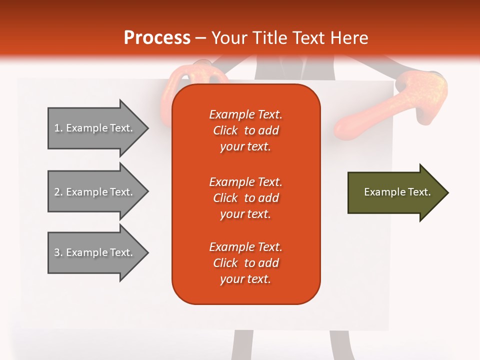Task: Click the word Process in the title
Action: pyautogui.click(x=157, y=38)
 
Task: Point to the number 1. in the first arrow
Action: pyautogui.click(x=58, y=128)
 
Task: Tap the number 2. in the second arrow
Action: pyautogui.click(x=58, y=192)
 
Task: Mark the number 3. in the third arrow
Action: pyautogui.click(x=58, y=252)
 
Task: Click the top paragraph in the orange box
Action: pyautogui.click(x=245, y=130)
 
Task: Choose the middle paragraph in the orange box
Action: pyautogui.click(x=245, y=198)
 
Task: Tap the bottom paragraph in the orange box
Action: pyautogui.click(x=245, y=263)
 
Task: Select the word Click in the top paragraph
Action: pyautogui.click(x=225, y=130)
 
